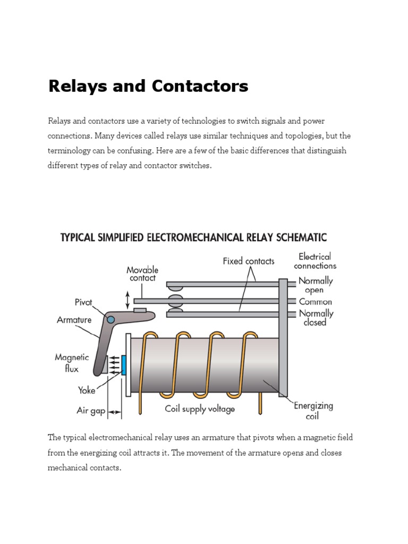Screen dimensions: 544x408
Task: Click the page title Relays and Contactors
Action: click(x=148, y=86)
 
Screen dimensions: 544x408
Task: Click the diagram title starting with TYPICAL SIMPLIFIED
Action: click(x=193, y=237)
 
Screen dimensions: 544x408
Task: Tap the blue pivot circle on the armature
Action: click(x=110, y=319)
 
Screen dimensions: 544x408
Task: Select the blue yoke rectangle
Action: click(x=124, y=365)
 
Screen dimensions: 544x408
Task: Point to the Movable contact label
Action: click(x=142, y=274)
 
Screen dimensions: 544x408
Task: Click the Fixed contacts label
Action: click(x=248, y=261)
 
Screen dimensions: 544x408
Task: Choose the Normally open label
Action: click(x=316, y=285)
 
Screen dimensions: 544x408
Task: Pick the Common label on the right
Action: click(x=315, y=301)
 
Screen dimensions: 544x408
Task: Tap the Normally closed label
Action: click(x=316, y=317)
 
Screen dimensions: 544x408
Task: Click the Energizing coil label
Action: click(x=313, y=410)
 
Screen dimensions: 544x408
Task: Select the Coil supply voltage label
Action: click(x=199, y=409)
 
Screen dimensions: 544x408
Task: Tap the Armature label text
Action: click(x=74, y=320)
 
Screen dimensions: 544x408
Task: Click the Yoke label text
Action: click(x=87, y=390)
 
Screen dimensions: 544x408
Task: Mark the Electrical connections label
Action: click(x=314, y=261)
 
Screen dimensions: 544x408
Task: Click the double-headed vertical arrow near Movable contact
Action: click(x=127, y=300)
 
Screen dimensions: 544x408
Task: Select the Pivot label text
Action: click(x=83, y=302)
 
